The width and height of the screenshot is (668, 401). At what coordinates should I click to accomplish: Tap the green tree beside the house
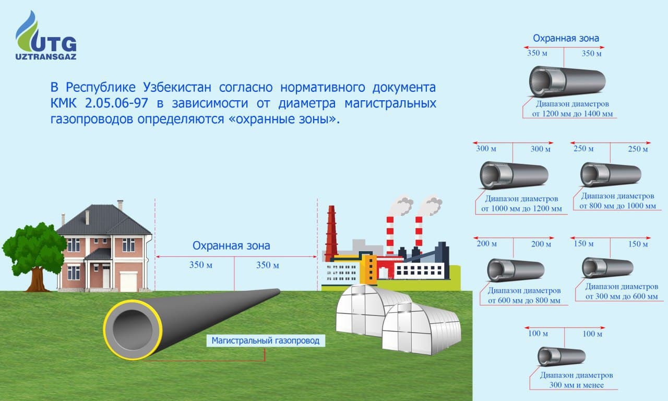point(34,251)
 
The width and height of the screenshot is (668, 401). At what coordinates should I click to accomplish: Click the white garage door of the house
point(128,281)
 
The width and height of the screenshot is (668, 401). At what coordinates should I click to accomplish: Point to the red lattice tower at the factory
point(331,232)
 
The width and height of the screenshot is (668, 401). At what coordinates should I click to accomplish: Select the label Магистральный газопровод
point(266,341)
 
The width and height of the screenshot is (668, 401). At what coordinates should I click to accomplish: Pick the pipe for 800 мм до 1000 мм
point(611,174)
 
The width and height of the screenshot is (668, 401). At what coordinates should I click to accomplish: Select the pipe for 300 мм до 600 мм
point(607,267)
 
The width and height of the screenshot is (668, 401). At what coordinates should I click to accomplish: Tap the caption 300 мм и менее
point(576,385)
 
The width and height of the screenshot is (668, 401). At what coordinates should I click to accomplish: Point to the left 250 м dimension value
point(583,149)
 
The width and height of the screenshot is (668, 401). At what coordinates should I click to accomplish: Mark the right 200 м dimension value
point(541,244)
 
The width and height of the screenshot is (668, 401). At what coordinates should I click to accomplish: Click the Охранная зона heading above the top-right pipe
point(566,38)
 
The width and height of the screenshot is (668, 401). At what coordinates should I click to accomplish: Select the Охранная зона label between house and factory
point(231,246)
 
